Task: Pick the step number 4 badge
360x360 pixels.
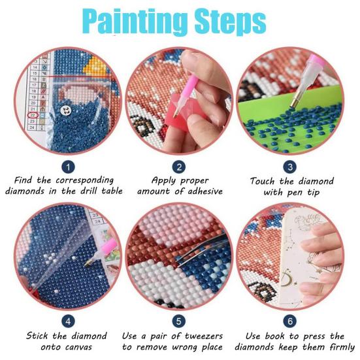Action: point(69,321)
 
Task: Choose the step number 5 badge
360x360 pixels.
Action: point(180,321)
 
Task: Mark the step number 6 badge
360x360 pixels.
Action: point(291,321)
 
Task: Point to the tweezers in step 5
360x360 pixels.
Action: point(196,257)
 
